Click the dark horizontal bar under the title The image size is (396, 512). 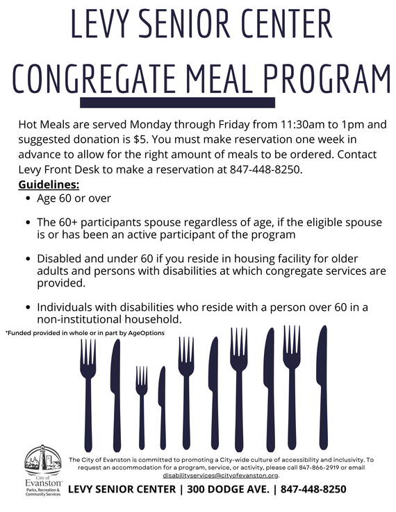coord(198,103)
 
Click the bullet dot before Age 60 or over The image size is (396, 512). coord(27,199)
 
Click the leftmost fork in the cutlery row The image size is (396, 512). coord(88,389)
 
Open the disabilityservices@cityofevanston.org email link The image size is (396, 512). coord(221,476)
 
